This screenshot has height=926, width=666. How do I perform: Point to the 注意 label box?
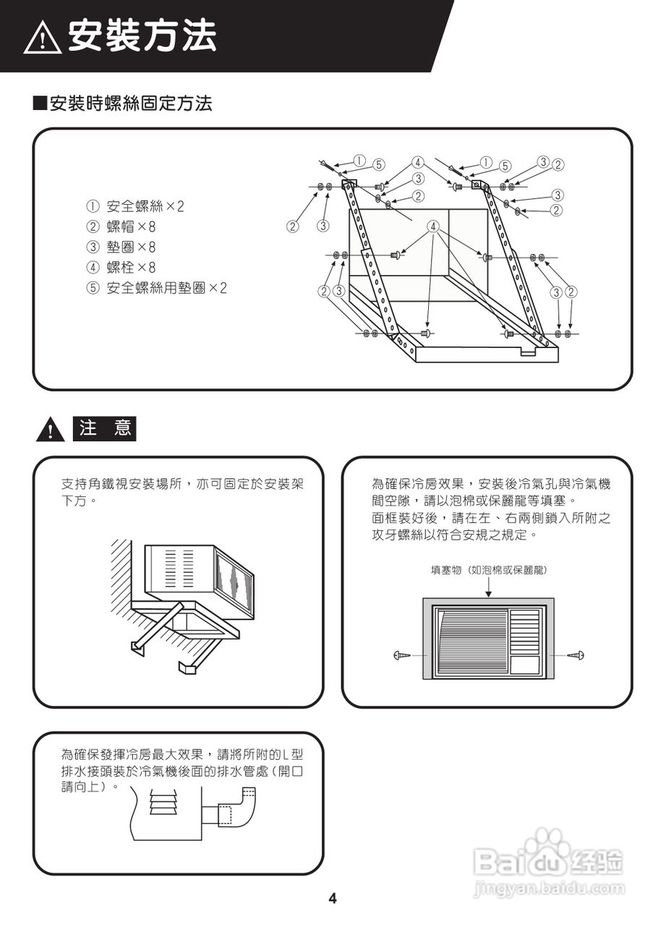coord(104,428)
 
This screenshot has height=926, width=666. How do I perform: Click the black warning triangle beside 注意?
coord(50,430)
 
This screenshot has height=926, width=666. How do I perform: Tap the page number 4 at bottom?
coord(333,899)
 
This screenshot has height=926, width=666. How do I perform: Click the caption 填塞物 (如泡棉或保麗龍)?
coord(488,570)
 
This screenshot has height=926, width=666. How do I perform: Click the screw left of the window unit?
coord(402,655)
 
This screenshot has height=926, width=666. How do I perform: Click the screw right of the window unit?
coord(576,655)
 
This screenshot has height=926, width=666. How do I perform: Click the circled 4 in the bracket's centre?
coord(433,226)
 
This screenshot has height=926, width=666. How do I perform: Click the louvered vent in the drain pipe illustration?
coord(163,803)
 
